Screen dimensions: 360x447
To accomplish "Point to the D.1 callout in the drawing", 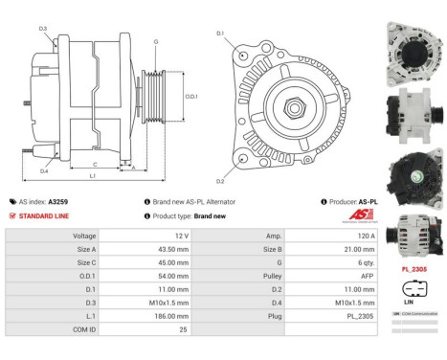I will pyautogui.click(x=220, y=34).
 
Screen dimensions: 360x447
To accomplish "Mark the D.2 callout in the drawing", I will pyautogui.click(x=220, y=181).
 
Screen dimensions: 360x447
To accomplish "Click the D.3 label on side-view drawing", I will pyautogui.click(x=43, y=29).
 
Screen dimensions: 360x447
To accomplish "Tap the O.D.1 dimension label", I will pyautogui.click(x=190, y=96).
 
